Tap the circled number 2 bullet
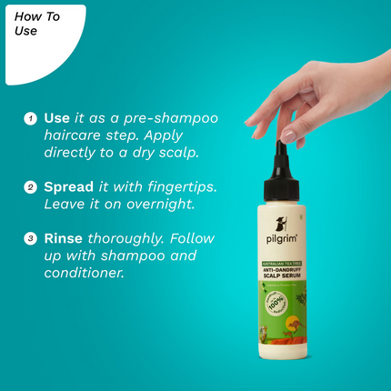click(30, 186)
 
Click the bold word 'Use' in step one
click(56, 118)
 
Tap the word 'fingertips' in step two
click(185, 186)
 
